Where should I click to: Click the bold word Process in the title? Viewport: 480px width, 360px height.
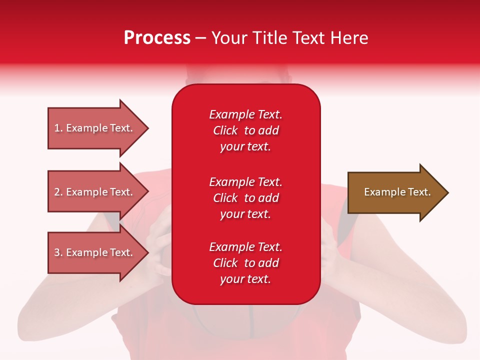pyautogui.click(x=157, y=38)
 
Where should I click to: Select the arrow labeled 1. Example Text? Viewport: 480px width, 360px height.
pyautogui.click(x=95, y=128)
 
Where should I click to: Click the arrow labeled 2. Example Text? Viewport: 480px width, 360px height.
pyautogui.click(x=95, y=192)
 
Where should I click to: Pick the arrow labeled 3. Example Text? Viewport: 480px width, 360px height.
pyautogui.click(x=95, y=252)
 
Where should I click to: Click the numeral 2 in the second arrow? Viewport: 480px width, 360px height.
pyautogui.click(x=57, y=192)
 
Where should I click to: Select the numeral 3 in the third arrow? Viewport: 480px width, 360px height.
pyautogui.click(x=57, y=252)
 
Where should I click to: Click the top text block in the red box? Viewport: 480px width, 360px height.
pyautogui.click(x=245, y=130)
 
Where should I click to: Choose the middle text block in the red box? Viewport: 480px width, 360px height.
pyautogui.click(x=245, y=198)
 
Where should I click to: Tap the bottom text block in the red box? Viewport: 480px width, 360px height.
pyautogui.click(x=245, y=263)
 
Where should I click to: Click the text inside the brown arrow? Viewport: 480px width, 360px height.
pyautogui.click(x=397, y=192)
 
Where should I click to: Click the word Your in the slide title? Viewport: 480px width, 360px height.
pyautogui.click(x=229, y=38)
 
